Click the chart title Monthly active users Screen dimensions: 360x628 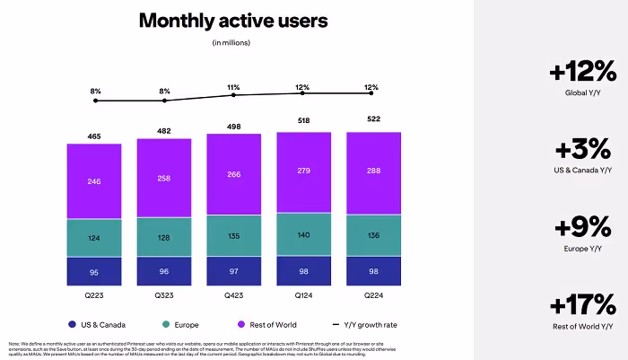(x=232, y=21)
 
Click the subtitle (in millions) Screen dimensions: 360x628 (x=232, y=42)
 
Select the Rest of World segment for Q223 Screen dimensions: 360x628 (x=93, y=180)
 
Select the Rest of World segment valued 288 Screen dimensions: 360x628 (x=373, y=170)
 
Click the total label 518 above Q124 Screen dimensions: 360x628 (x=303, y=121)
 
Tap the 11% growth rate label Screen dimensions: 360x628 (x=233, y=82)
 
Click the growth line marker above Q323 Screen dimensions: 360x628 (x=163, y=101)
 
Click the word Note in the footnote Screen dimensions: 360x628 (x=13, y=343)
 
